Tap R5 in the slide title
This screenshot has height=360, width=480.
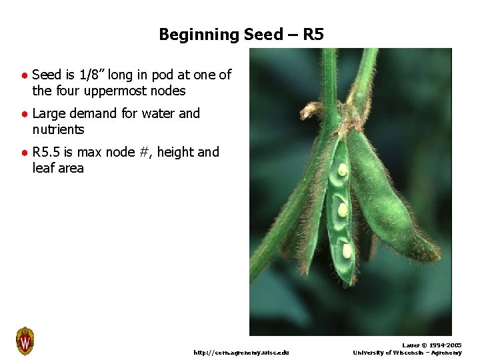tap(313, 35)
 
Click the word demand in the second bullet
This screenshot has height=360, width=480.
tap(95, 113)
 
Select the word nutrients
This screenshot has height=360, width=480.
tap(58, 129)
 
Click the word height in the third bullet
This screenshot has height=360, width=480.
tap(176, 152)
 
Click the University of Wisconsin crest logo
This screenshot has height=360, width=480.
tap(25, 341)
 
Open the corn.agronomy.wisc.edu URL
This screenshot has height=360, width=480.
tap(241, 353)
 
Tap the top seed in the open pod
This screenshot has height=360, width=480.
tap(342, 169)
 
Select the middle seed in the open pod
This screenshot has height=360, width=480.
tap(343, 209)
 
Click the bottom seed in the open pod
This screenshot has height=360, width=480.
tap(347, 250)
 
